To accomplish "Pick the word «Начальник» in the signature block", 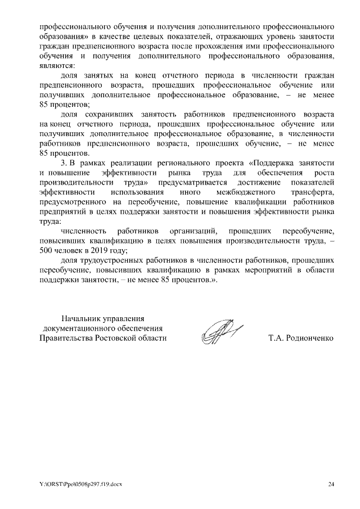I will click(80, 318).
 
